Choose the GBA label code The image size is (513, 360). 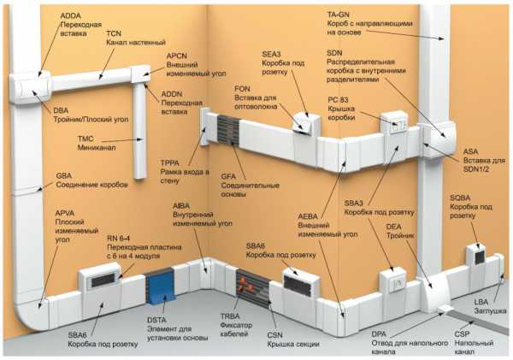click(64, 175)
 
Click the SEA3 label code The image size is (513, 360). click(271, 54)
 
